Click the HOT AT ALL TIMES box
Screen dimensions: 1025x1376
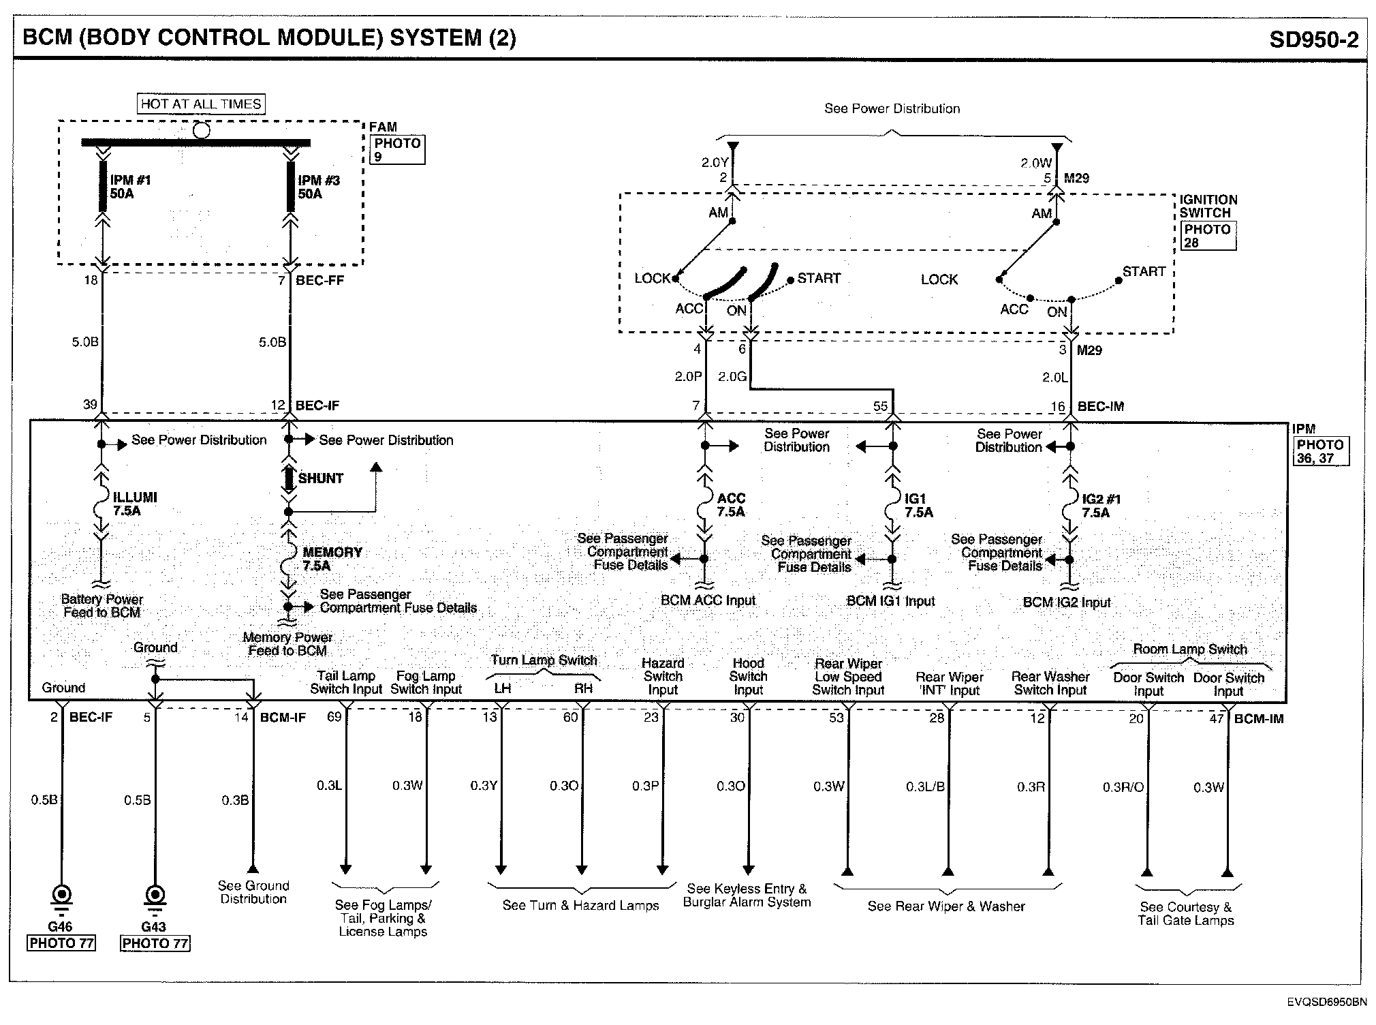click(x=201, y=104)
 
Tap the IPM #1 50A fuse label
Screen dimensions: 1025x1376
click(x=130, y=187)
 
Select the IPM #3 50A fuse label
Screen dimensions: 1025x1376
click(x=318, y=187)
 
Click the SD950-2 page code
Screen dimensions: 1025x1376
click(x=1313, y=40)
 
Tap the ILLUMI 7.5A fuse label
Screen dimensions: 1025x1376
click(x=134, y=504)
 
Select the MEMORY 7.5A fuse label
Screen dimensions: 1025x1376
click(x=332, y=559)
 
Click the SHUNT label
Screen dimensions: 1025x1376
click(x=320, y=478)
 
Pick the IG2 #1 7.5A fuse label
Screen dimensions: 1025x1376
click(x=1101, y=506)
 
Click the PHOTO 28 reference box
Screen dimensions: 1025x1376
click(x=1208, y=236)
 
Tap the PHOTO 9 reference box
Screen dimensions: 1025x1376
click(x=398, y=149)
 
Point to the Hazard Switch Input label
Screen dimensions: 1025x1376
click(x=663, y=676)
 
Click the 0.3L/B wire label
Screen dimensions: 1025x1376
click(x=925, y=787)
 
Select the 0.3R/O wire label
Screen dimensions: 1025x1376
click(x=1123, y=787)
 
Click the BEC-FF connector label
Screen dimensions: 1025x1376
click(x=319, y=280)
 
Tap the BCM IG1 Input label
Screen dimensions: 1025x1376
click(x=890, y=601)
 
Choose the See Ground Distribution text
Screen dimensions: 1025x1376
click(x=253, y=892)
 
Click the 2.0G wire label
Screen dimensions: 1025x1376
click(x=732, y=377)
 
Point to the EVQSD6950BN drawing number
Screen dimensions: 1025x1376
click(x=1326, y=1002)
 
